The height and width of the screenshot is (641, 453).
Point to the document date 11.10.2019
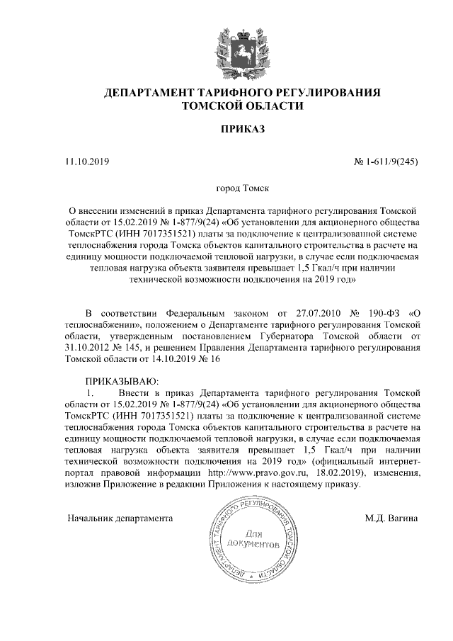(x=87, y=162)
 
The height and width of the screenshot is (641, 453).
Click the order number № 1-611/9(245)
(x=385, y=162)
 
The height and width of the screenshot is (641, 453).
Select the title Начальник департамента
(x=120, y=518)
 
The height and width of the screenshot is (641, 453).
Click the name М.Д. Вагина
(x=391, y=518)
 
